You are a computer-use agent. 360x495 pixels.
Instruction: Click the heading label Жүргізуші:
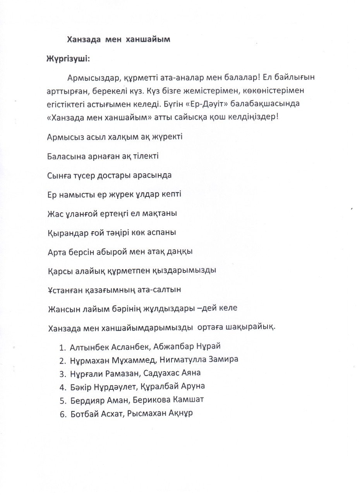click(x=69, y=59)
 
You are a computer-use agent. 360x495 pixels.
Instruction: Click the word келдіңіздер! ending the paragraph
click(x=253, y=117)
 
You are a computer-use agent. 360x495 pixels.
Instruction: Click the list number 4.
click(x=63, y=387)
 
